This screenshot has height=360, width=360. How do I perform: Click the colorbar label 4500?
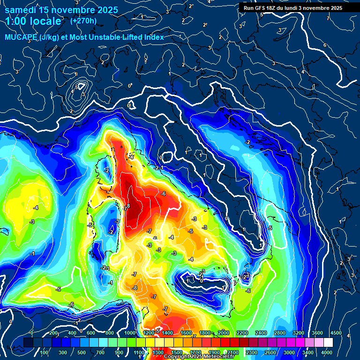click(336, 333)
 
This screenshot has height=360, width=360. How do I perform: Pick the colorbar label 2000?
click(223, 333)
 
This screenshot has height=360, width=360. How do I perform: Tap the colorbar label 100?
click(45, 352)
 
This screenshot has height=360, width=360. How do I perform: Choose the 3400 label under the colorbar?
click(308, 352)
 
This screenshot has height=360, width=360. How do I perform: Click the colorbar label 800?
click(110, 333)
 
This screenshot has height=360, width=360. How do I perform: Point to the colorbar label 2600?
click(270, 352)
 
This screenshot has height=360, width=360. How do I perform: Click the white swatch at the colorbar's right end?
click(328, 343)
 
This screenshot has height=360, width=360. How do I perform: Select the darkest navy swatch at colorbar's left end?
click(28, 343)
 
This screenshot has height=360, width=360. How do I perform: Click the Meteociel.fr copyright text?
click(200, 357)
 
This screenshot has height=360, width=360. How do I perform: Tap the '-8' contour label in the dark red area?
click(127, 206)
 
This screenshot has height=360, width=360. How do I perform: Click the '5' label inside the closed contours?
click(76, 87)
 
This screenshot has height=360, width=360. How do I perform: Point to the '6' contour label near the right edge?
click(324, 45)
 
